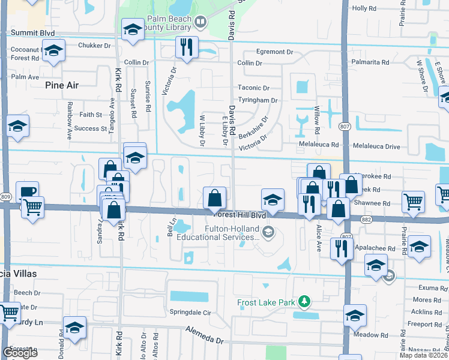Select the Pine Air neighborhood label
pyautogui.click(x=62, y=85)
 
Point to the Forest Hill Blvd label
pyautogui.click(x=239, y=214)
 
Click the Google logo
pyautogui.click(x=20, y=353)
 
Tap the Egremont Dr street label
pyautogui.click(x=274, y=52)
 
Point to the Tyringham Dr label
pyautogui.click(x=258, y=100)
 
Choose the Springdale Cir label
pyautogui.click(x=191, y=313)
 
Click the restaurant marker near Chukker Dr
pyautogui.click(x=187, y=46)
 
